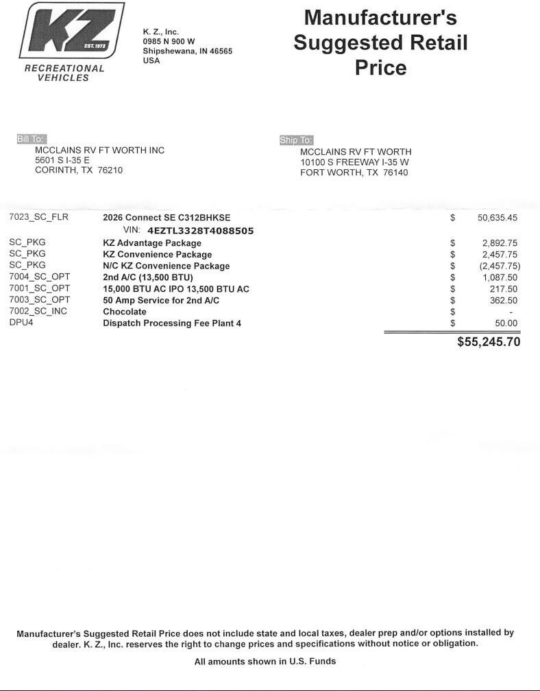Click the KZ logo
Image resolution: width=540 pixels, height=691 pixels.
(71, 31)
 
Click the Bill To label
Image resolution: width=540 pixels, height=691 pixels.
(31, 140)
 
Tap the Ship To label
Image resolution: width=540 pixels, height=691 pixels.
(296, 140)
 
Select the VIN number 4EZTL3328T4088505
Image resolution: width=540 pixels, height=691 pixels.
(200, 231)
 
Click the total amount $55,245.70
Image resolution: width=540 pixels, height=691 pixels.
(489, 342)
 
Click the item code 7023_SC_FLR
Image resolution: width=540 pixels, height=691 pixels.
(38, 218)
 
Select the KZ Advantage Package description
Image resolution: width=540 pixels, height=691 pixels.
(152, 243)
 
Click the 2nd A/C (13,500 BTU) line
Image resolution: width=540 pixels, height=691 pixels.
(148, 277)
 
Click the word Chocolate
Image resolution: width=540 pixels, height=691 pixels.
(125, 312)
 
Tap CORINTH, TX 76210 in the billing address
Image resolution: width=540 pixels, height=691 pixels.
(79, 171)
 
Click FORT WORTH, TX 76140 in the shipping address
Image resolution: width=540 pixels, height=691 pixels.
(354, 173)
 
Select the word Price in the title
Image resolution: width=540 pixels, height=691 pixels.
(380, 68)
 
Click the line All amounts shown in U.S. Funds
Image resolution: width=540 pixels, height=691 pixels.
(265, 662)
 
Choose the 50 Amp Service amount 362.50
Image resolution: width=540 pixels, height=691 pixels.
(503, 301)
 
